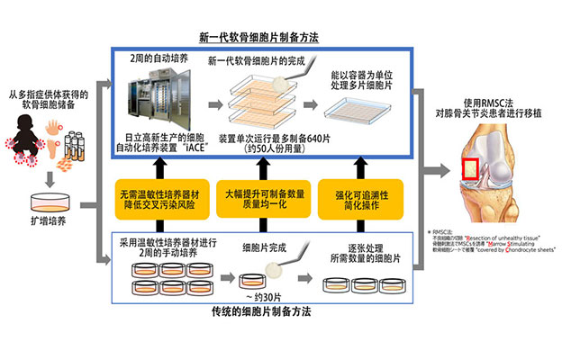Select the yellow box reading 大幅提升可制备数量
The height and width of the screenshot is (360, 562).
click(x=261, y=198)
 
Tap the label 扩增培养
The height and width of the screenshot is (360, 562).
click(x=47, y=219)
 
